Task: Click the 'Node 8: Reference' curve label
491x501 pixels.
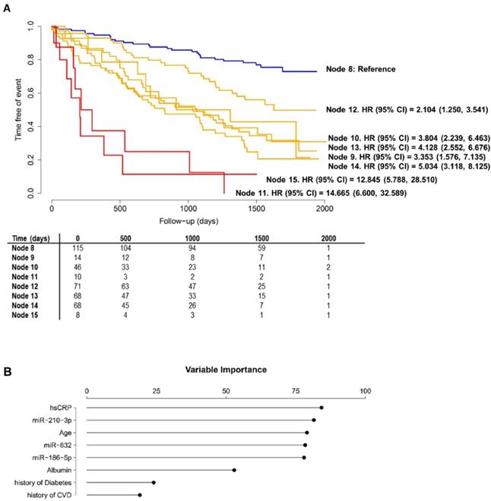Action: coord(365,69)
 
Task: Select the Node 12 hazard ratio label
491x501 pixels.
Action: coord(407,110)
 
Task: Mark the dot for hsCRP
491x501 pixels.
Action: coord(321,408)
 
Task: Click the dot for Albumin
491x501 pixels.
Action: coord(233,470)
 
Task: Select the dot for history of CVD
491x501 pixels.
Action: coord(139,495)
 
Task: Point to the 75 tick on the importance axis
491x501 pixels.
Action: coord(296,390)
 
